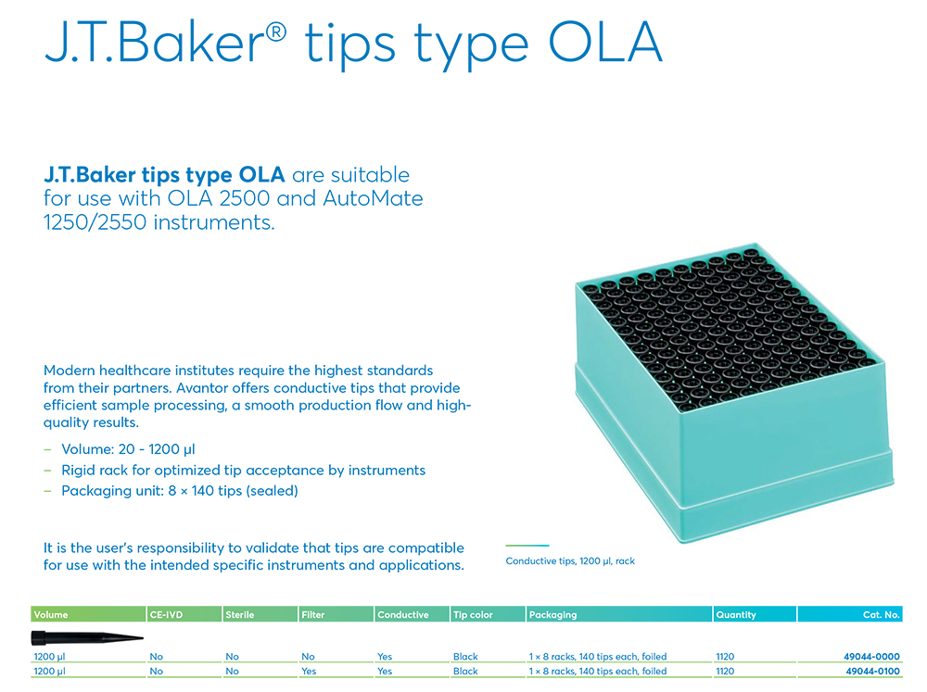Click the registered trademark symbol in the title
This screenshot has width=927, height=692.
click(276, 31)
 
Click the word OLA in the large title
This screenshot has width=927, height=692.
click(605, 43)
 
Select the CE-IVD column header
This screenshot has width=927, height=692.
click(166, 614)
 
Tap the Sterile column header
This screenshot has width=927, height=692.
click(239, 614)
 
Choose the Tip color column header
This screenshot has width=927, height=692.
click(473, 614)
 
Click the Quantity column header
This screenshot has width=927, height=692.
click(735, 614)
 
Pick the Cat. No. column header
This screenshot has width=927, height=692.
click(881, 614)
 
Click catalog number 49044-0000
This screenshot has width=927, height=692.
click(871, 657)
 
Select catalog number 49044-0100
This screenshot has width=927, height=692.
click(872, 672)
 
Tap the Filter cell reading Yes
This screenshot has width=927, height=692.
click(309, 672)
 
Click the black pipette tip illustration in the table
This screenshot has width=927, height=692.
click(87, 637)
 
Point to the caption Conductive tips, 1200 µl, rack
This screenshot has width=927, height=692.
click(570, 560)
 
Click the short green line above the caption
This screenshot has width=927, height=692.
click(527, 546)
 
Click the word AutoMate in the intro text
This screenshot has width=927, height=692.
click(373, 198)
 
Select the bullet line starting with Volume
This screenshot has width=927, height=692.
click(128, 449)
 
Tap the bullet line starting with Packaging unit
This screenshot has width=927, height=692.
click(180, 490)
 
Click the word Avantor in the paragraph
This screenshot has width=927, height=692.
click(201, 387)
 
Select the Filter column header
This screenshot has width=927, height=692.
click(312, 614)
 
